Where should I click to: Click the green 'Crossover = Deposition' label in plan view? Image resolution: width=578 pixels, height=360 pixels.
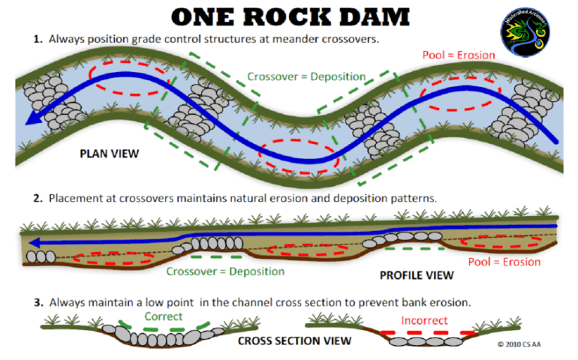pos(306,76)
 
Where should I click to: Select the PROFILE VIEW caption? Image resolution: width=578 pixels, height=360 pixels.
pos(416,274)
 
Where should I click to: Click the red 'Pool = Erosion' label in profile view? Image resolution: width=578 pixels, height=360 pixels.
pos(504,262)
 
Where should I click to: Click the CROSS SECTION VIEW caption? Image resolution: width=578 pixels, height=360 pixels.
pos(294,340)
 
